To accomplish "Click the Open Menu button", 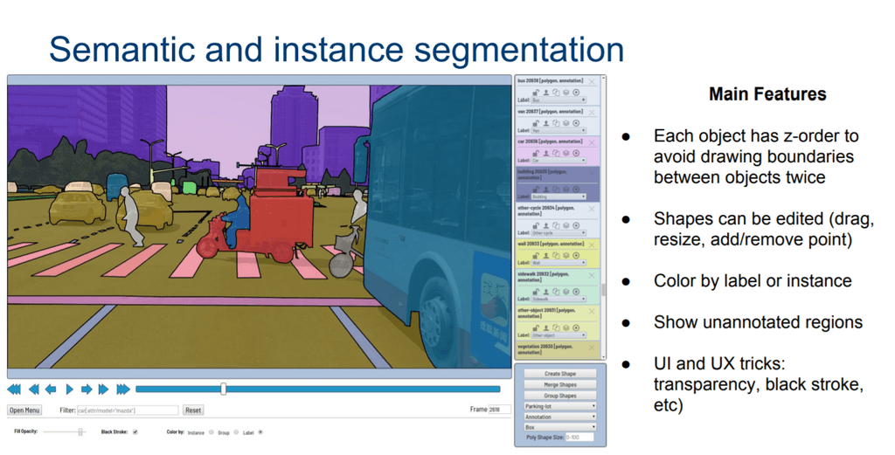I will [24, 410].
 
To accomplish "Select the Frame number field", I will [495, 410].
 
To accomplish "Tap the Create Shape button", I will [559, 374].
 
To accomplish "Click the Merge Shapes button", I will [559, 384].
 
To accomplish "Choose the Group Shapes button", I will [559, 396].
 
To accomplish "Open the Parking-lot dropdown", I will [559, 406].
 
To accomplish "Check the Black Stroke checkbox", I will [135, 432].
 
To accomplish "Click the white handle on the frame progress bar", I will [224, 389].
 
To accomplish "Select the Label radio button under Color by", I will [260, 432].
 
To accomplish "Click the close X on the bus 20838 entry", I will [592, 82].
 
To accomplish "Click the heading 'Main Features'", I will [767, 94].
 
